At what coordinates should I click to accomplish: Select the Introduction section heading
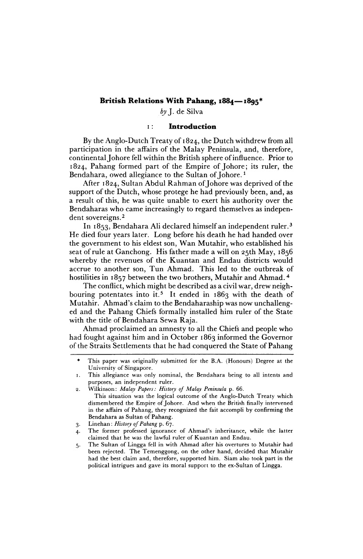(190, 127)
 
